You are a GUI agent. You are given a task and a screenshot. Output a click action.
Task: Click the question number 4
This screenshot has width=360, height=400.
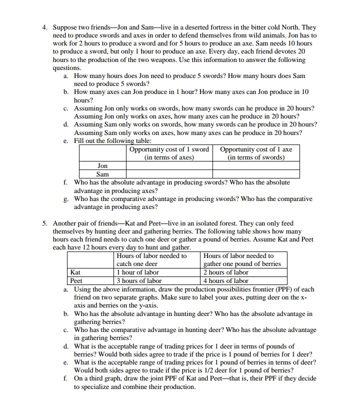coord(44,27)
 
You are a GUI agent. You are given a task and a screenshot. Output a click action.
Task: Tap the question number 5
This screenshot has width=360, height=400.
coord(44,223)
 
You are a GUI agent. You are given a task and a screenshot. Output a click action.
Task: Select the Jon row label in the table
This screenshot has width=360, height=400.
coord(102,165)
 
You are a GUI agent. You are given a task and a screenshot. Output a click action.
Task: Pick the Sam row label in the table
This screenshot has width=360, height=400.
coord(102,174)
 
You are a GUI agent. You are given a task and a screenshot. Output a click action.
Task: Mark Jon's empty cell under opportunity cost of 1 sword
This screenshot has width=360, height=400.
coord(169,165)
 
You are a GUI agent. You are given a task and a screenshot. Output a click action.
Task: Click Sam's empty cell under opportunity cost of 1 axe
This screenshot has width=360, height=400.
coord(256,174)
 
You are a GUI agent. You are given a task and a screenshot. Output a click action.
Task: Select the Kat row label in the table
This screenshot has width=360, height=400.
coord(75,272)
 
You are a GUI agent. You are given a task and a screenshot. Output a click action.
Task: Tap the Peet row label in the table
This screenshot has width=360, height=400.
coord(76,280)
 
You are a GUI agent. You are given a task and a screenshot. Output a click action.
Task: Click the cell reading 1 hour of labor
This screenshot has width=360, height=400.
coord(137,272)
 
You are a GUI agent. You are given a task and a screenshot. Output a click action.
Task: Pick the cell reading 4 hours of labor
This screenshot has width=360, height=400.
coord(226,280)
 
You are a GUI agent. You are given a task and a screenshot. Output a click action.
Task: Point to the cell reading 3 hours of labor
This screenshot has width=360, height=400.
coord(139,280)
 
